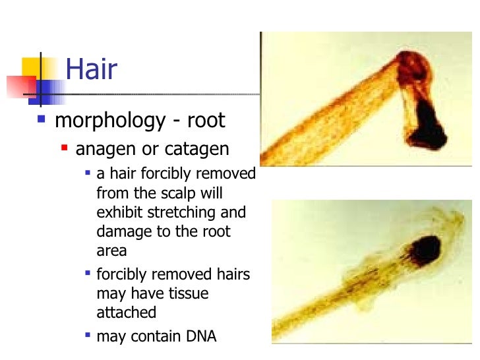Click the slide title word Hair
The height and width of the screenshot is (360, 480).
91,70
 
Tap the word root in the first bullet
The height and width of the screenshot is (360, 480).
206,121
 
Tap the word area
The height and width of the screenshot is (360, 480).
111,251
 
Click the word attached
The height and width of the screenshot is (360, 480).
126,313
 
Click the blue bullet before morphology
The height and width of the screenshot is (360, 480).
42,120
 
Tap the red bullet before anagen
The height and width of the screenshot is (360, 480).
65,148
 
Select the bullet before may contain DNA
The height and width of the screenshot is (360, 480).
87,335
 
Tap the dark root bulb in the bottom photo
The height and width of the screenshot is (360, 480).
425,249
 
